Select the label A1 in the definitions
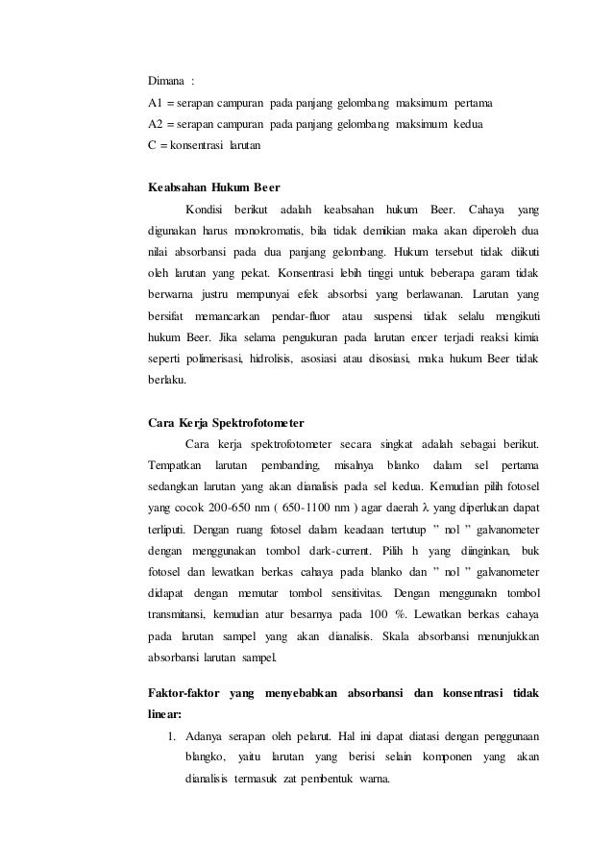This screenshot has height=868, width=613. pyautogui.click(x=155, y=103)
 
